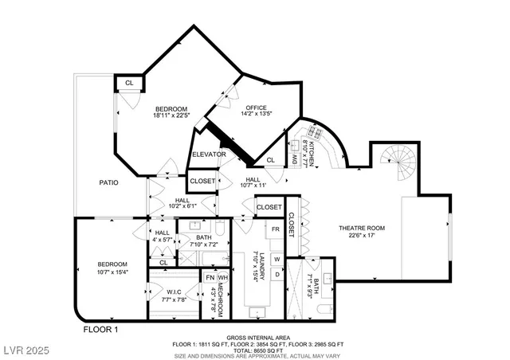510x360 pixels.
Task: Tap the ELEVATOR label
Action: pos(209,154)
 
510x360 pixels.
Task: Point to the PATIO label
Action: pos(109,182)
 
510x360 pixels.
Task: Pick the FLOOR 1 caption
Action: pos(100,328)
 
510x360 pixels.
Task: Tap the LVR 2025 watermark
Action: pos(27,350)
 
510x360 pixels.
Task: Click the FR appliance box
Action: pos(275,229)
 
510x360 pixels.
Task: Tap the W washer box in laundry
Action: pos(277,259)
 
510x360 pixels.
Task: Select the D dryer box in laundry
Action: pos(277,275)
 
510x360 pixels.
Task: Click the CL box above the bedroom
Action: pos(127,81)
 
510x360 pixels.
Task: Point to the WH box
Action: pos(223,277)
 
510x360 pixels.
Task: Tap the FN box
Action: pos(210,277)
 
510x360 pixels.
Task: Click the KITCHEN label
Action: pos(312,147)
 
